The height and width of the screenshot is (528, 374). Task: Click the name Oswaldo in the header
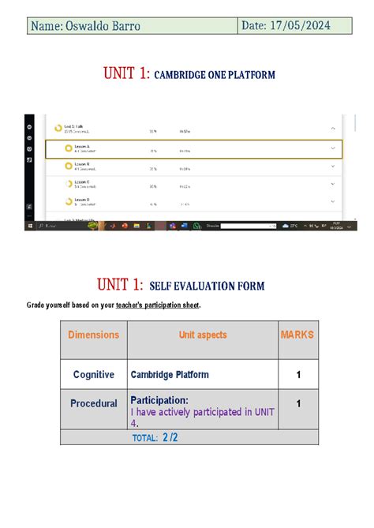pos(91,27)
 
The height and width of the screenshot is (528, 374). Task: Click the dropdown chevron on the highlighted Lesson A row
pos(333,148)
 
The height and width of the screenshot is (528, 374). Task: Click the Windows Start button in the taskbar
pos(29,226)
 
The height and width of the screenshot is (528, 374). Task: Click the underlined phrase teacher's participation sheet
pos(158,305)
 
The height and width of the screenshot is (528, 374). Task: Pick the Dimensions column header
pos(93,335)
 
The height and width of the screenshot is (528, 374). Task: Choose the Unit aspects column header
pos(202,335)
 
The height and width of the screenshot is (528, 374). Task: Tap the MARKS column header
pos(297,335)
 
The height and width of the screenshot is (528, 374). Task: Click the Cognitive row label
pos(93,375)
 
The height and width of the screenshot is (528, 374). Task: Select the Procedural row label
pos(93,403)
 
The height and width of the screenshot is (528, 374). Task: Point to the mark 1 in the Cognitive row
pos(298,375)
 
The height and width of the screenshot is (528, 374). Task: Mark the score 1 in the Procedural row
pos(298,403)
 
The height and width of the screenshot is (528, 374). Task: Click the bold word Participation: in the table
pos(159,399)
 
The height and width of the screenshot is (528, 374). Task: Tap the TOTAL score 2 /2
pos(170,436)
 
